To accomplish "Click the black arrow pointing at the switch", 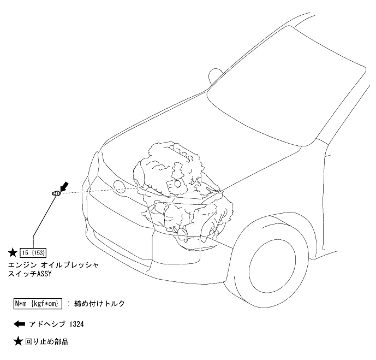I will (64, 186).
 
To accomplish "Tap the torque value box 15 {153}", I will (34, 252).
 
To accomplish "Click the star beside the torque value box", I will (13, 252).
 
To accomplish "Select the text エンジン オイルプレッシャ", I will (53, 264).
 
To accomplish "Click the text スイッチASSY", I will (30, 274).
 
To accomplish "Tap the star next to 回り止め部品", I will (17, 343).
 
